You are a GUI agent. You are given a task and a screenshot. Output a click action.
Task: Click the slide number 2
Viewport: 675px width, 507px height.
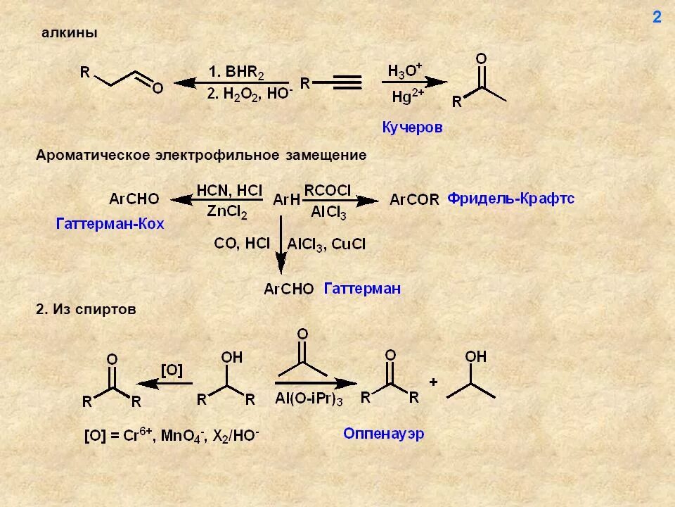(657, 18)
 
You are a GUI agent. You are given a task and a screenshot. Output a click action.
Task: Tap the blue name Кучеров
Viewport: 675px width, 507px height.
(412, 127)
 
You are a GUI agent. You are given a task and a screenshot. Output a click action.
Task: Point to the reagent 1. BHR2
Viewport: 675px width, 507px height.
(236, 72)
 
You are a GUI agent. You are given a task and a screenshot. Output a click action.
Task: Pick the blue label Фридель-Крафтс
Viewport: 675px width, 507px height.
(511, 199)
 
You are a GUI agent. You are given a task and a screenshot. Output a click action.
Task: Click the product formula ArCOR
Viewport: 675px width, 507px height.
(414, 200)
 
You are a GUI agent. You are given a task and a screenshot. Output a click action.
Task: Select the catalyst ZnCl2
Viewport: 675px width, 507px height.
(227, 211)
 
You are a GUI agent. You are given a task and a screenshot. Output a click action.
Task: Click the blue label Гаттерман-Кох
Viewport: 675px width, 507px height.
(110, 224)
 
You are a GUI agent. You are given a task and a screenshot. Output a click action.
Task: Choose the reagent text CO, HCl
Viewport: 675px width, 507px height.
(242, 244)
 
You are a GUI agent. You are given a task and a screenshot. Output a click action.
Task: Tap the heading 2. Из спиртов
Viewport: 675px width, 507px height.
(86, 309)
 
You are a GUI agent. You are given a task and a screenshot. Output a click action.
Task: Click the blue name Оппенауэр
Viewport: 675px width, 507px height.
(384, 434)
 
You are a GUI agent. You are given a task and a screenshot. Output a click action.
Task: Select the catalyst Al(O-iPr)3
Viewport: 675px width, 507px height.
(309, 399)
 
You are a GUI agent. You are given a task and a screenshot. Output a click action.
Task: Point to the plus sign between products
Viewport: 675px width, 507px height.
(434, 382)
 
